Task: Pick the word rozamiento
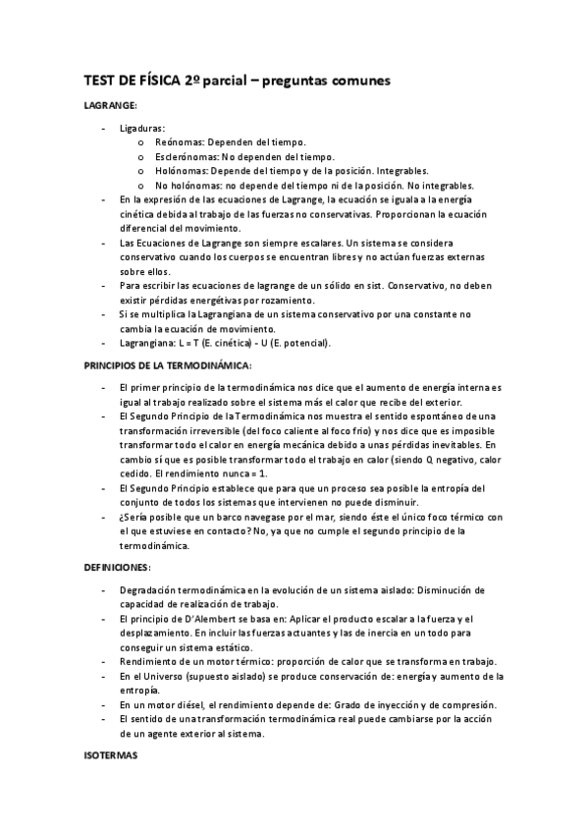coord(284,299)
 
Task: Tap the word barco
coord(225,517)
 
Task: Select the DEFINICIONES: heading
coord(116,568)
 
